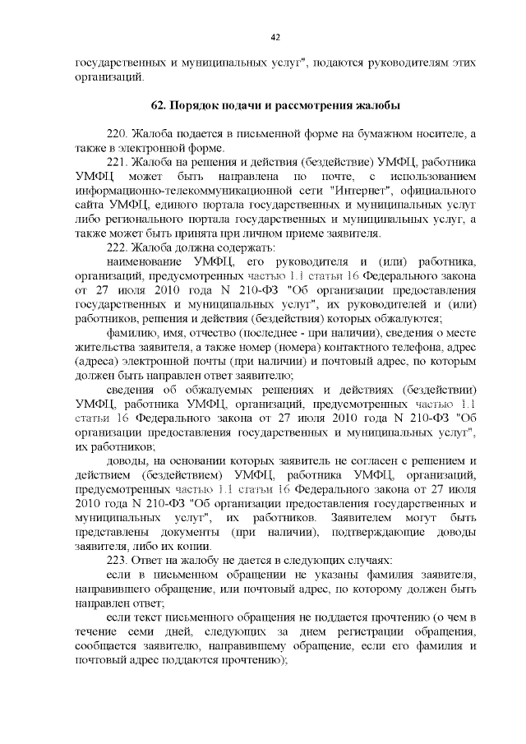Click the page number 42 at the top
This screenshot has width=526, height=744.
coord(275,36)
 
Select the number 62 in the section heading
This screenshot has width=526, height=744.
coord(159,106)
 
